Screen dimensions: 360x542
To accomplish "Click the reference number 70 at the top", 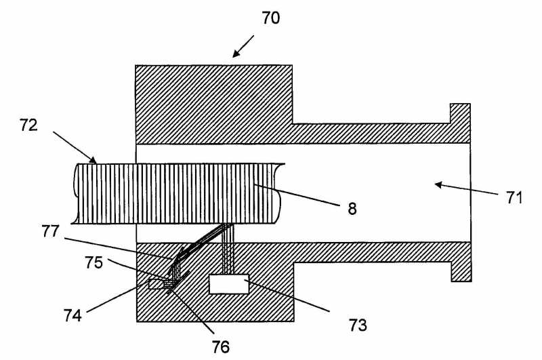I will point(270,18).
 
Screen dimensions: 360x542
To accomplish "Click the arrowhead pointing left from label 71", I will point(437,183).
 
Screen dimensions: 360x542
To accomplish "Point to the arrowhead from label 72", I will point(94,161).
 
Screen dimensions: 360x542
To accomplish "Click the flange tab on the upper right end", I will point(460,113).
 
